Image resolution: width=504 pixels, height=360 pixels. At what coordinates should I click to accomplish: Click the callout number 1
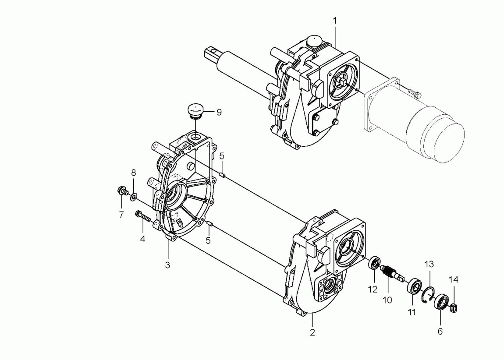pos(335,21)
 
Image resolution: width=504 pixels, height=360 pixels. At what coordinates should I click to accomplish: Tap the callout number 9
pos(219,112)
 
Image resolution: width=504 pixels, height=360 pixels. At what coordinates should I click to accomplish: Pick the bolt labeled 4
pos(143,216)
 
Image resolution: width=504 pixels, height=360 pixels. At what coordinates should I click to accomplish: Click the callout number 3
pos(167,265)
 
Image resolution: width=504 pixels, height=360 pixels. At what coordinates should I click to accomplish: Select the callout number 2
pos(312,332)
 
